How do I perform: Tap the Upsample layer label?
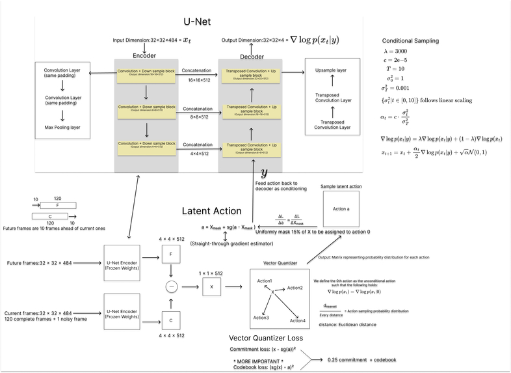[x=332, y=69]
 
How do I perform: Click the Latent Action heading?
[x=211, y=211]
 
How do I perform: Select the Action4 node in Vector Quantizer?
[x=297, y=320]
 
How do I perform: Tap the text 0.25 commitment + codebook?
[x=361, y=359]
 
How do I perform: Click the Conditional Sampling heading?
[x=410, y=40]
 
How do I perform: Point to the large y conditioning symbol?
[x=264, y=173]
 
